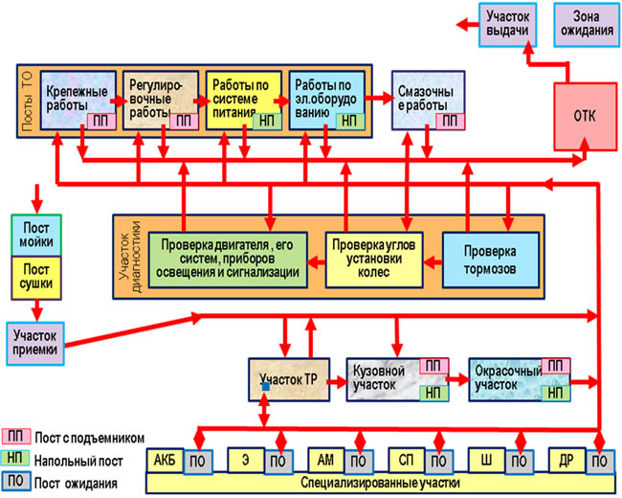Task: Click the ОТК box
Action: coord(585,117)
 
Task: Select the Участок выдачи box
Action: coord(508,25)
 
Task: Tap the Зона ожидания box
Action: coord(587,25)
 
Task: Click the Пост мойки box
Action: coord(36,235)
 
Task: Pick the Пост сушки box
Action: coord(36,278)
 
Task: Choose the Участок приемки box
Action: coord(35,344)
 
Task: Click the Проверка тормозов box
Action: coord(490,260)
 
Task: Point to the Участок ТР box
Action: coord(289,379)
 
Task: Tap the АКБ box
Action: coord(165,461)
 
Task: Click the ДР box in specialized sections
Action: coord(566,461)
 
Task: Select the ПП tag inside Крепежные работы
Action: coord(101,121)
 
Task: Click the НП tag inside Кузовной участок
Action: coord(434,394)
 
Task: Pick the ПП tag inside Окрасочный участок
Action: coord(556,366)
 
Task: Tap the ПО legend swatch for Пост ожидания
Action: coord(16,481)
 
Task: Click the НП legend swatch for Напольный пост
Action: coord(16,458)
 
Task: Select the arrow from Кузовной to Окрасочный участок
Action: coord(458,379)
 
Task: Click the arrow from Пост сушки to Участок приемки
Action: coord(37,310)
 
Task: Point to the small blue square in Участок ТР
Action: coord(266,386)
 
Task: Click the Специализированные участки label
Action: coord(380,484)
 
